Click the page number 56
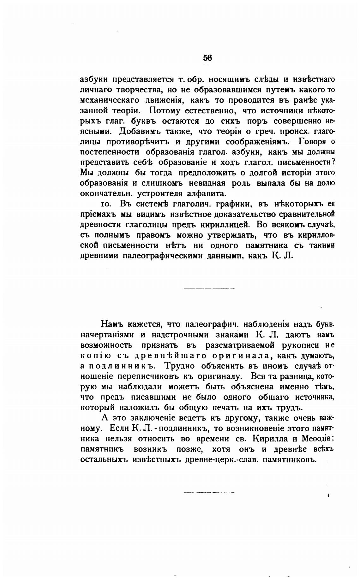pos(207,58)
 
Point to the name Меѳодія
pos(316,439)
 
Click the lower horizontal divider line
pos(209,492)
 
